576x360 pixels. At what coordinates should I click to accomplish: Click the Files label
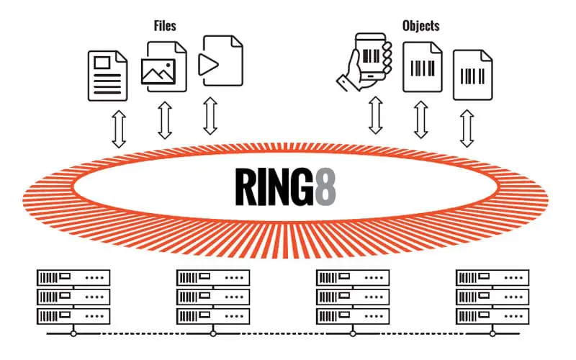point(165,26)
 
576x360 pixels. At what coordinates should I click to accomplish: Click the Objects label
point(420,26)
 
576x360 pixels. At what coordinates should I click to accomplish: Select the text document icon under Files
point(107,75)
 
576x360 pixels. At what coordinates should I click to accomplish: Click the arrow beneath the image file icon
point(165,120)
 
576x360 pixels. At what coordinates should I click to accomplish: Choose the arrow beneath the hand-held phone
point(375,115)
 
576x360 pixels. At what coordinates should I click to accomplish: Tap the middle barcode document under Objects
point(422,66)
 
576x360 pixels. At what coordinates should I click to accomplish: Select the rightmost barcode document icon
point(472,75)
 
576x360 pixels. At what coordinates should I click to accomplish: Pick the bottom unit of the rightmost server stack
point(492,315)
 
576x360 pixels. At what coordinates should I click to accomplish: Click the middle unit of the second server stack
point(213,296)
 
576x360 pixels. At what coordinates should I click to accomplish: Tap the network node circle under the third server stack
point(353,333)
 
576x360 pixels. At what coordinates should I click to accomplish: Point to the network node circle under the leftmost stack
point(73,333)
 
